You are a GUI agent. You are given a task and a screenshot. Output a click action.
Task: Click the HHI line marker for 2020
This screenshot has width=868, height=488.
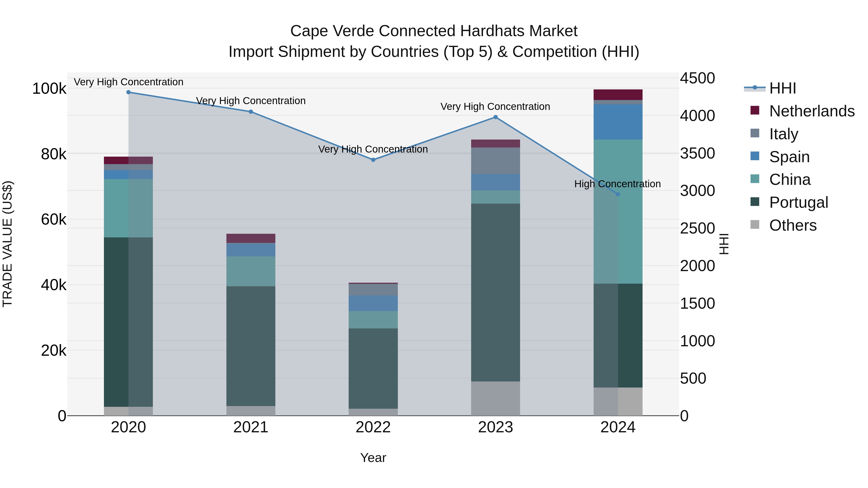coord(128,92)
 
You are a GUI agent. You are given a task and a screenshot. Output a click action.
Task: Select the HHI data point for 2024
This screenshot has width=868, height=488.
coord(618,194)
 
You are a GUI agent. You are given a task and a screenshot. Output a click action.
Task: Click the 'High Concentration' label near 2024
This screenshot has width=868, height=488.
coord(617,184)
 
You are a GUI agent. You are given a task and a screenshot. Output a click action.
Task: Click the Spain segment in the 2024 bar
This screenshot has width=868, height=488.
coord(618,122)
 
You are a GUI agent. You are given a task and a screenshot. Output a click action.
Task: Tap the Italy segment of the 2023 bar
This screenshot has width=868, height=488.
coord(495,161)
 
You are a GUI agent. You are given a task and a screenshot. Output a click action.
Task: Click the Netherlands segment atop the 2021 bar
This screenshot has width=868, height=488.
coord(251,238)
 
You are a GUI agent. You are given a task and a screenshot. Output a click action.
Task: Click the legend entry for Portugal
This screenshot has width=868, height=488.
coord(798,202)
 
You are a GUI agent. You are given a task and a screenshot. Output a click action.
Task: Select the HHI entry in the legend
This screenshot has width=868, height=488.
coord(782,88)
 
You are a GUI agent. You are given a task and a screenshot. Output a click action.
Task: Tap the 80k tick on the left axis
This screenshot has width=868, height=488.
coord(54,154)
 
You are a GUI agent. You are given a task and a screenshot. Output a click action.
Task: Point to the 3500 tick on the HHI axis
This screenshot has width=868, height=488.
coord(697,153)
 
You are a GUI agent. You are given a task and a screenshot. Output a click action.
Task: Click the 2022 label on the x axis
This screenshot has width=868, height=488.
coord(373,427)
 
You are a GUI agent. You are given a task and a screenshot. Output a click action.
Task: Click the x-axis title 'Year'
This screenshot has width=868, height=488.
coord(373,458)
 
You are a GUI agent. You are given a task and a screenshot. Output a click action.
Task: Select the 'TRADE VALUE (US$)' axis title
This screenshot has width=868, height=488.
coord(7,244)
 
